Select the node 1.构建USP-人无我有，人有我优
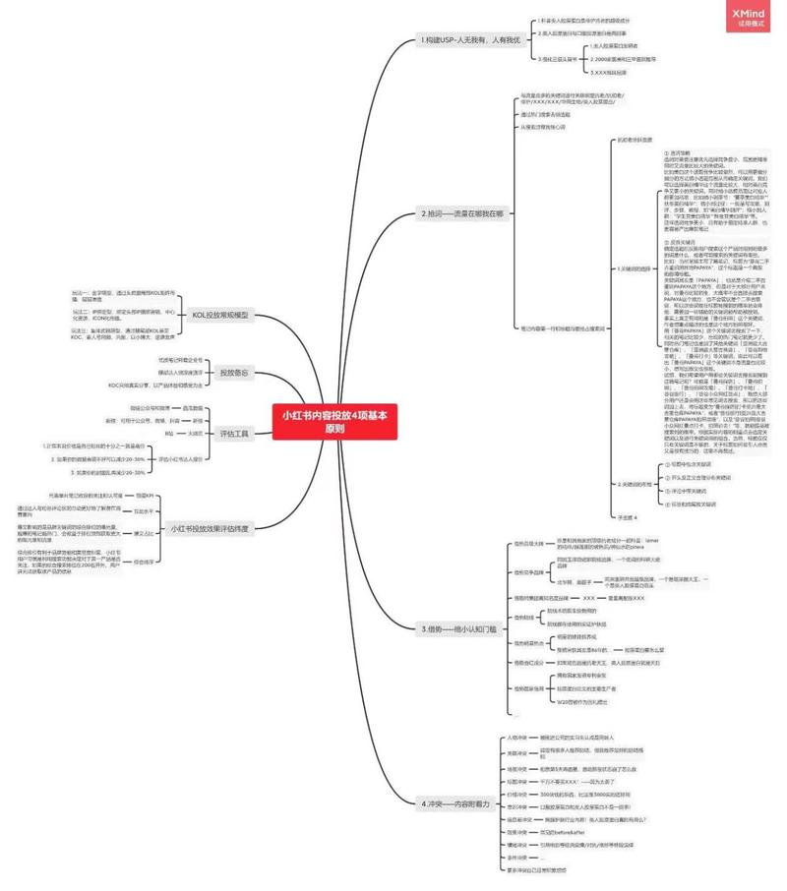[469, 40]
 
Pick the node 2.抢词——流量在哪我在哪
[462, 212]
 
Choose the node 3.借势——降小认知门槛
[459, 627]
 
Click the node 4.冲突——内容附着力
[455, 803]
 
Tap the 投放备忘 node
[234, 373]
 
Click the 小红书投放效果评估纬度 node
[209, 529]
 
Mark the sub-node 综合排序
[144, 562]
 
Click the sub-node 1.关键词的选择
[635, 267]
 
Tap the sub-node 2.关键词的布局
[635, 485]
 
